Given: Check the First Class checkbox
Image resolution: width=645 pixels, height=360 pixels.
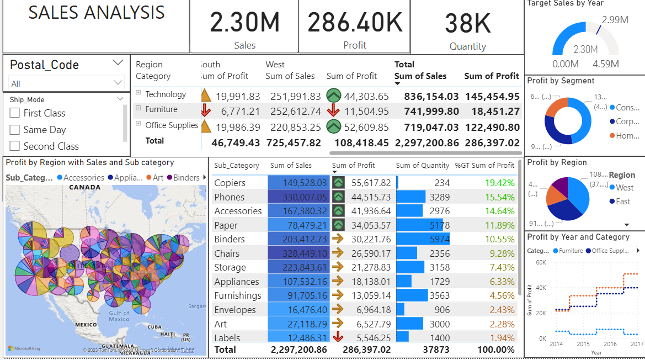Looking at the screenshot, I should pyautogui.click(x=15, y=113).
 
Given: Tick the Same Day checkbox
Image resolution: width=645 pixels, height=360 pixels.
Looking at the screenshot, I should pyautogui.click(x=15, y=130).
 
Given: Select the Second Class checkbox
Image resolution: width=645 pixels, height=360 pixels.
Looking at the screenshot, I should pyautogui.click(x=15, y=146).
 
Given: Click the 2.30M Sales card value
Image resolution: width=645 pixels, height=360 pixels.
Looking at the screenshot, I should pyautogui.click(x=244, y=23).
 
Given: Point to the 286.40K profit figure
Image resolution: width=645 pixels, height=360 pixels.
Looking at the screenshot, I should pyautogui.click(x=354, y=23).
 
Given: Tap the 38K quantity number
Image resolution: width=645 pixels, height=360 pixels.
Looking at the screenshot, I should pyautogui.click(x=467, y=24).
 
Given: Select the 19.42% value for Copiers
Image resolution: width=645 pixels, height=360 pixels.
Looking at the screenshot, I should pyautogui.click(x=499, y=183).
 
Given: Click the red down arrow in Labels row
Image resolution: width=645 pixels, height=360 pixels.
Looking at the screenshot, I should pyautogui.click(x=338, y=338).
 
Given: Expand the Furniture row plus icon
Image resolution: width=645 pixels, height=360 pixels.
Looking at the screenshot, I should pyautogui.click(x=138, y=109).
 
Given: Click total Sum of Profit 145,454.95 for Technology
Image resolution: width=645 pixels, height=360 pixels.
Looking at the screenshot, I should pyautogui.click(x=492, y=97).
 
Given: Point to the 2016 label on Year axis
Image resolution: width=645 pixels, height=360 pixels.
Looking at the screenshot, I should pyautogui.click(x=610, y=344).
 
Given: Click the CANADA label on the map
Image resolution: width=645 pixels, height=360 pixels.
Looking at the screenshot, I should pyautogui.click(x=85, y=188).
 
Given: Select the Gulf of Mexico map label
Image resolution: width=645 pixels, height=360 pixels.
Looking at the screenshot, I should pyautogui.click(x=119, y=316).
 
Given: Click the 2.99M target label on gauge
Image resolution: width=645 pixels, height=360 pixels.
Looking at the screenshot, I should pyautogui.click(x=615, y=20).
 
